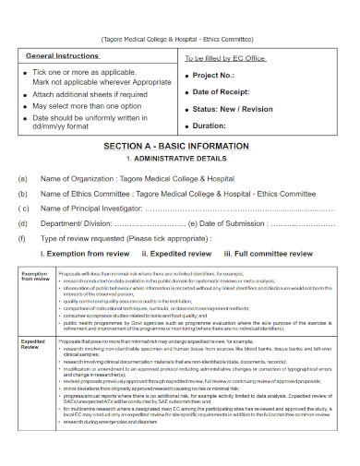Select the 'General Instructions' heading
[x=62, y=56]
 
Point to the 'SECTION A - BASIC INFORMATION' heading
[x=181, y=147]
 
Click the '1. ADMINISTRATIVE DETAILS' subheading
[x=181, y=159]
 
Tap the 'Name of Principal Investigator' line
[x=92, y=209]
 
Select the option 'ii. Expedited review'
[x=175, y=252]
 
